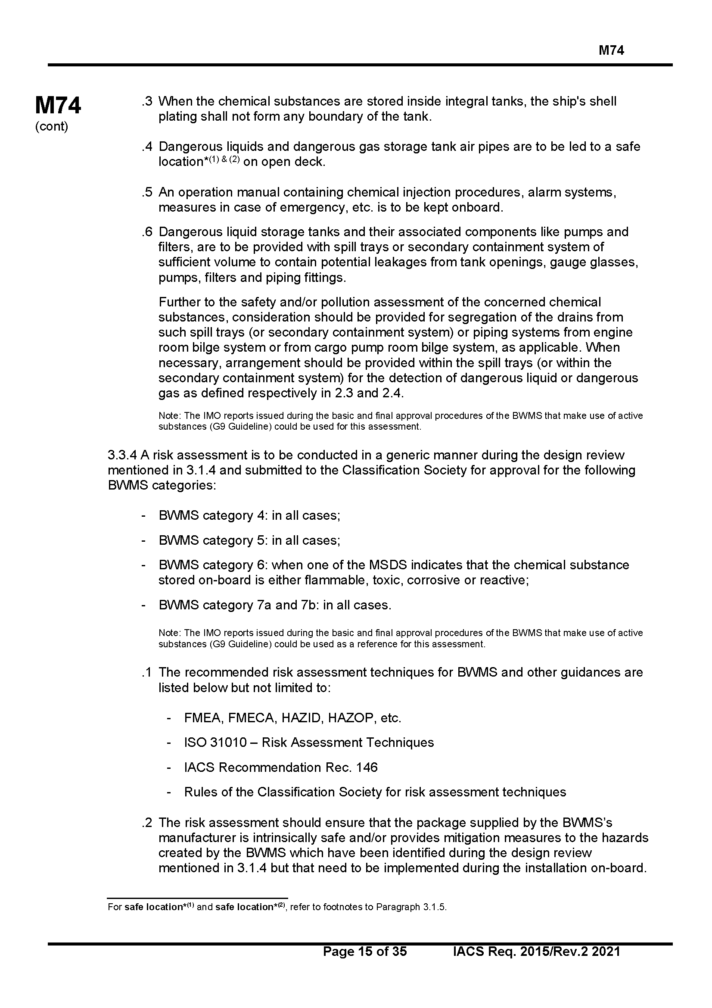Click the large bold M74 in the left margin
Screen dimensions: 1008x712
pyautogui.click(x=58, y=106)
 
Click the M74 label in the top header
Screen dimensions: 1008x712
pyautogui.click(x=611, y=50)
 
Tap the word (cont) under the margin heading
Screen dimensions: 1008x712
pyautogui.click(x=51, y=127)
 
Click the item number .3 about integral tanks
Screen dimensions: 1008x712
pyautogui.click(x=147, y=101)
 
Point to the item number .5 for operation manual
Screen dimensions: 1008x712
pyautogui.click(x=147, y=192)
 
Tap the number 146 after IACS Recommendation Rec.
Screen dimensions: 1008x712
pyautogui.click(x=367, y=767)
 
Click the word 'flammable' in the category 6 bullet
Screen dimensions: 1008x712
pyautogui.click(x=333, y=580)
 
